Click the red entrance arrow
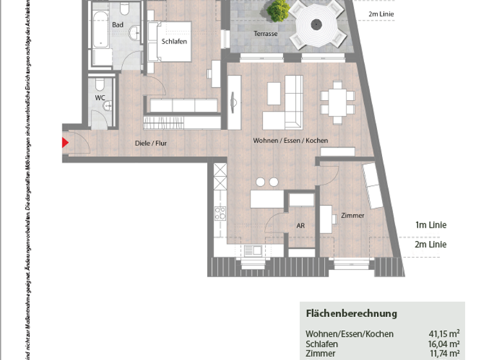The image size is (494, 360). click(65, 143)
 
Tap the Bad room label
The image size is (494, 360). click(118, 25)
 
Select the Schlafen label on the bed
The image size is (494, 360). click(174, 41)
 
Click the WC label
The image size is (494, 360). click(100, 98)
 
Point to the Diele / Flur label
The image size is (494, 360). click(152, 143)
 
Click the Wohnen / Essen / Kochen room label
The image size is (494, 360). click(290, 141)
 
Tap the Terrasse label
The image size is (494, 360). click(265, 33)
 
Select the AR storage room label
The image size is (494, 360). click(300, 226)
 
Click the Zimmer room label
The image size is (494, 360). click(352, 215)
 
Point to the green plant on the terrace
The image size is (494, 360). click(279, 10)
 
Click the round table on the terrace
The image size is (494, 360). click(316, 25)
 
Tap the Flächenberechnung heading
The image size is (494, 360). click(351, 314)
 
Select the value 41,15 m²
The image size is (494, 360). click(444, 334)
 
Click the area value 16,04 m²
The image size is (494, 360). click(444, 344)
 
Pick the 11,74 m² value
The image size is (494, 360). click(444, 354)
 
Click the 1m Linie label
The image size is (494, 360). click(430, 225)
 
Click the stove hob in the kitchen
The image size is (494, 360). click(220, 214)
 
